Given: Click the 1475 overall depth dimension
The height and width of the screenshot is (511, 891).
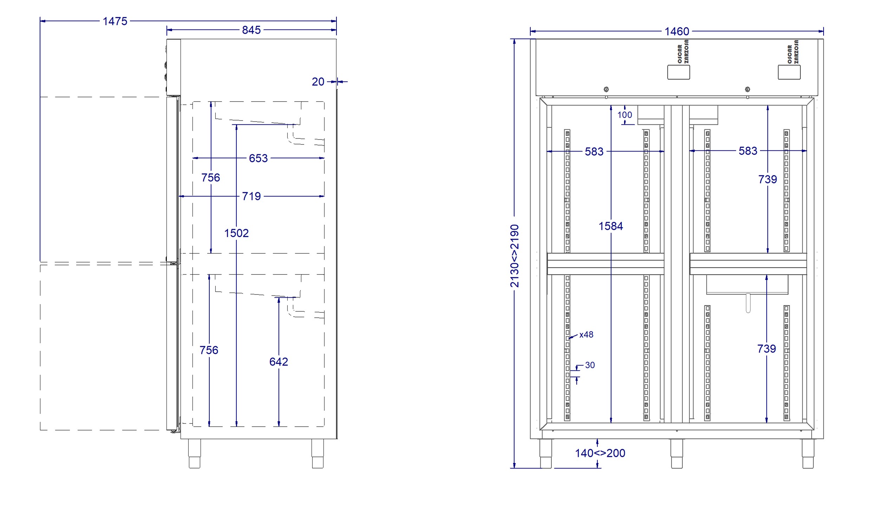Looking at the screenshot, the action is [115, 21].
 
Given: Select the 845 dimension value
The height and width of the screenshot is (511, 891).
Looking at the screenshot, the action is [251, 30].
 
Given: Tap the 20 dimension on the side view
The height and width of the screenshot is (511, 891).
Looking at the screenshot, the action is [318, 82].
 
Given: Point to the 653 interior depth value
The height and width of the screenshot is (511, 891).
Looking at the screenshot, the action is [258, 159].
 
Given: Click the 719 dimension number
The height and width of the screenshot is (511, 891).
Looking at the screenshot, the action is [251, 196].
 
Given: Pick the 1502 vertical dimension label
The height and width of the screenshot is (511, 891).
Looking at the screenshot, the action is [236, 233].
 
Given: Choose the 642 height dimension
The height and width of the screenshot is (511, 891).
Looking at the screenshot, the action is [279, 362].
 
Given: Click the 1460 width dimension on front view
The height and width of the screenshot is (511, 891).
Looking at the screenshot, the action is [677, 32].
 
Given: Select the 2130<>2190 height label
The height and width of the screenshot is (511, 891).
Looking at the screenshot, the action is [515, 256].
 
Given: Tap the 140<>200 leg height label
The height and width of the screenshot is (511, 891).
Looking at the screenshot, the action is [600, 453].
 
